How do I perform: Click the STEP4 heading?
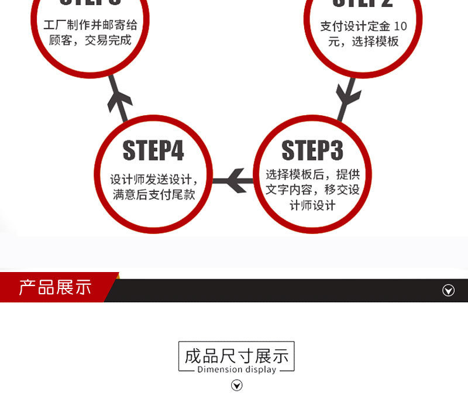(x=153, y=150)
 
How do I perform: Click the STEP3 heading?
(x=312, y=150)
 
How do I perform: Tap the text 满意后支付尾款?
(x=153, y=195)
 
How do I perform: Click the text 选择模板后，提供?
(x=312, y=174)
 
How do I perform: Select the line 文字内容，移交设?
(x=312, y=190)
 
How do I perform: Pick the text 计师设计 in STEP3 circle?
(x=312, y=205)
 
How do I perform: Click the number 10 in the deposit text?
(x=400, y=26)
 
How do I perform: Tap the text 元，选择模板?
(x=359, y=42)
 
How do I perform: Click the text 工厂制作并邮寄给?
(x=90, y=26)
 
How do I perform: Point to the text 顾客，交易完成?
(x=90, y=41)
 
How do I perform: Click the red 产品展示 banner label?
(x=55, y=287)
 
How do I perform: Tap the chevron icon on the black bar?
(x=448, y=291)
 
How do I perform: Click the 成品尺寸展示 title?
(x=236, y=355)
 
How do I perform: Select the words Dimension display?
(x=236, y=369)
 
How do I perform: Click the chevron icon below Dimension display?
(x=237, y=385)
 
